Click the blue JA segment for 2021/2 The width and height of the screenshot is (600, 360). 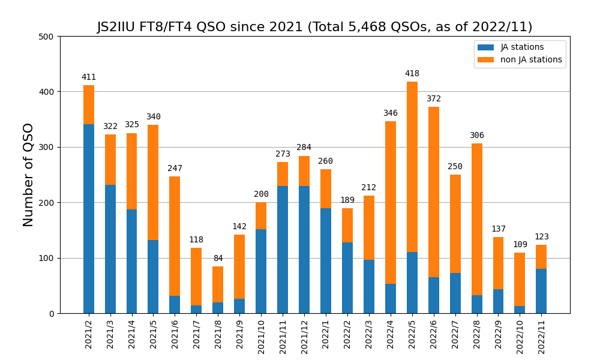coord(89,219)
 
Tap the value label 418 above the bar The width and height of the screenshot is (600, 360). coord(412,74)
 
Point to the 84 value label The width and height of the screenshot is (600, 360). coord(218,259)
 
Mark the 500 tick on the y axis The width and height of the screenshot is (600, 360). coord(47,37)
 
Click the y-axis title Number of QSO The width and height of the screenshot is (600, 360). coord(28,175)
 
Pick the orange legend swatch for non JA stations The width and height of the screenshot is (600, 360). coord(485,60)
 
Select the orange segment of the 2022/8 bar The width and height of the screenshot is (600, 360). coord(477,220)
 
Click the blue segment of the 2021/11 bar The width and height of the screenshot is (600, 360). coord(283,250)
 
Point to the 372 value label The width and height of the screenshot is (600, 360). coord(434,99)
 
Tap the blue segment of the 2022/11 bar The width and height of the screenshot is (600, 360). coord(541,291)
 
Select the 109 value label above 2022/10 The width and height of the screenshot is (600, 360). coord(520,245)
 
